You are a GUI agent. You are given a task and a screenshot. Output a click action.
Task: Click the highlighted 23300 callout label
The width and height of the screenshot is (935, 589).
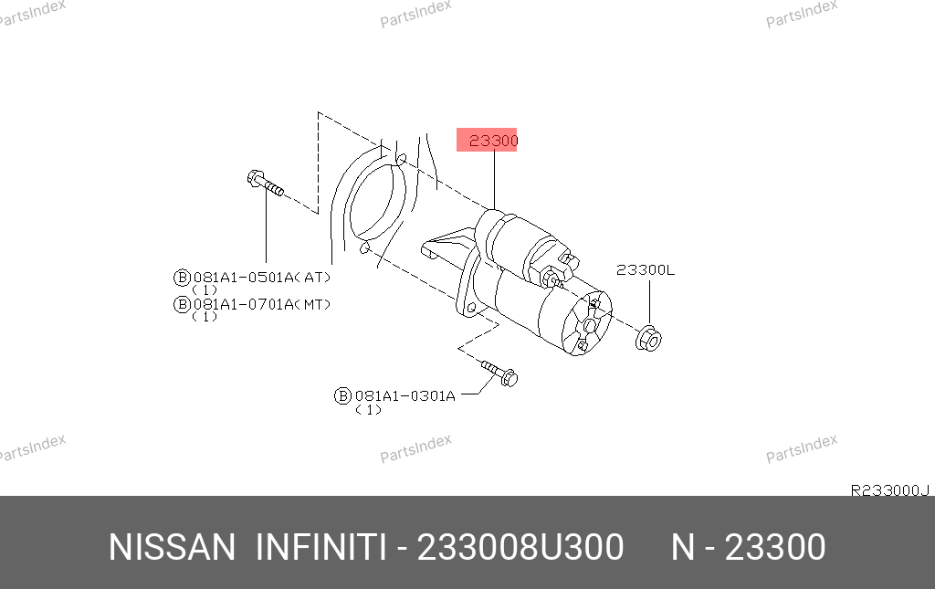[x=487, y=140]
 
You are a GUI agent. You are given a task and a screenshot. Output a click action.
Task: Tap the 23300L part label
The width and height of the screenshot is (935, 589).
[x=646, y=270]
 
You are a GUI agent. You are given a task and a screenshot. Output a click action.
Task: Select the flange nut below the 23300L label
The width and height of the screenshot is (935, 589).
[x=649, y=339]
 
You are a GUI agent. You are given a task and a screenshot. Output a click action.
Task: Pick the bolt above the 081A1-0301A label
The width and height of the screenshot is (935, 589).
[x=499, y=373]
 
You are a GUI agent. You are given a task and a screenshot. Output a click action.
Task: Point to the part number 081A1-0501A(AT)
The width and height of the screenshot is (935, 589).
[x=262, y=278]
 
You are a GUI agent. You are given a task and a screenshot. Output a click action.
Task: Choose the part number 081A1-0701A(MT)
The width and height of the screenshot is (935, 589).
[x=262, y=305]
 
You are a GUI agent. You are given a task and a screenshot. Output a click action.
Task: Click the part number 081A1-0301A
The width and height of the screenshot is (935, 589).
[x=404, y=395]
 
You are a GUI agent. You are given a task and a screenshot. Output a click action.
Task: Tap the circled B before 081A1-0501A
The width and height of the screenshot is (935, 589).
[x=182, y=278]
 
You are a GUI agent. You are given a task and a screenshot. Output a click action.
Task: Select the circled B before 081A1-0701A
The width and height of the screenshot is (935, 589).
[x=182, y=305]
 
